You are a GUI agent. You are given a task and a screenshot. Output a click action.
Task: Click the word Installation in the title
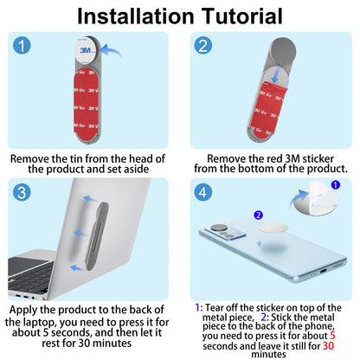(136, 16)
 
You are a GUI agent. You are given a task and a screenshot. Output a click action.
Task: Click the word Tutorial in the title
(241, 16)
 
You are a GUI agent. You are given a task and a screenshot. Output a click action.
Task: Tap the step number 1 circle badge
(22, 46)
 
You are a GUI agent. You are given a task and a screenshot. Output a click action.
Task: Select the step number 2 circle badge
(203, 46)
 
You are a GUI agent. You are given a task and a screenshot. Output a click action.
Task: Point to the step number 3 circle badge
(22, 192)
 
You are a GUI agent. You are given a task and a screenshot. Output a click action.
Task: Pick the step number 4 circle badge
(203, 192)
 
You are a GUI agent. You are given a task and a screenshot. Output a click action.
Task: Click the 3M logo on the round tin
(86, 50)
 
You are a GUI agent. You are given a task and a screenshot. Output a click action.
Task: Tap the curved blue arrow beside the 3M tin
(112, 51)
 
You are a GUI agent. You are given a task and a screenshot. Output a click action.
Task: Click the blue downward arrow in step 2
(275, 75)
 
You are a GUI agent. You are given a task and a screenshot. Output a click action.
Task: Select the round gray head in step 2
(282, 51)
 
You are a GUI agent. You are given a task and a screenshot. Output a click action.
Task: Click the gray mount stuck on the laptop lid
(97, 236)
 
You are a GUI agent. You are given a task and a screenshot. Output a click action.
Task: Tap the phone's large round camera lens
(221, 228)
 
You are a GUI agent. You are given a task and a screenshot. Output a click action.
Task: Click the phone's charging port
(323, 271)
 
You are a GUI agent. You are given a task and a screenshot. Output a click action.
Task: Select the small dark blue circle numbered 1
(336, 185)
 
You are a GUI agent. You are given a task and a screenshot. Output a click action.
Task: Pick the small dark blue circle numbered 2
(258, 215)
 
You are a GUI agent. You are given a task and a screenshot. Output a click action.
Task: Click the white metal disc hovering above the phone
(273, 228)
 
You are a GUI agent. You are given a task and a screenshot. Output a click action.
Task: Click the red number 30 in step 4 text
(328, 345)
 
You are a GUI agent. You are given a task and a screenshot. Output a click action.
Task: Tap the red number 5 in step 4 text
(332, 336)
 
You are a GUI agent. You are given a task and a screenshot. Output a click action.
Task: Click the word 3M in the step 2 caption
(292, 158)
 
